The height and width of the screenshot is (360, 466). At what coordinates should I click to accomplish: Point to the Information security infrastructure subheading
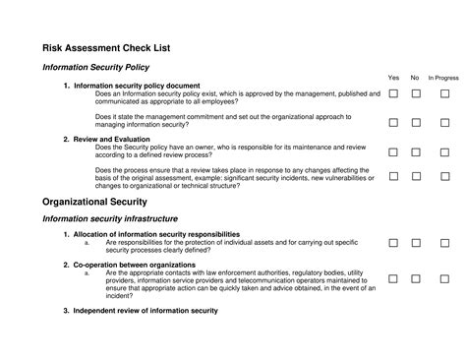click(x=110, y=217)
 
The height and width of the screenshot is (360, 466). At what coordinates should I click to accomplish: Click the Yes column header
click(x=393, y=77)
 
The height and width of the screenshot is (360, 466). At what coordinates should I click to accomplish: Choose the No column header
click(x=415, y=77)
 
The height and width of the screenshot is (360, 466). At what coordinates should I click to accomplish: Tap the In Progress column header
click(x=443, y=77)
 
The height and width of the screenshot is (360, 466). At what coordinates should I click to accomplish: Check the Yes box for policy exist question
click(x=393, y=93)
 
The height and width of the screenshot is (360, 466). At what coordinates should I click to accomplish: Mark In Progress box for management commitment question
click(x=444, y=123)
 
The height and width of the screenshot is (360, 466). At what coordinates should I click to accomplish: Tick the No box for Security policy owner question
click(x=416, y=152)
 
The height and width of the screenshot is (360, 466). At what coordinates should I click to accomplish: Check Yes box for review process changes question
click(x=393, y=177)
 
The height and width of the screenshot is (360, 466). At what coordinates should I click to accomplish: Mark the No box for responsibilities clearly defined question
click(x=416, y=242)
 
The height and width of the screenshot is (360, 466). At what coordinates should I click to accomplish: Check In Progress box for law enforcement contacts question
click(x=444, y=279)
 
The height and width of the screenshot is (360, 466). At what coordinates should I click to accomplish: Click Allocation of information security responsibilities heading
click(x=156, y=234)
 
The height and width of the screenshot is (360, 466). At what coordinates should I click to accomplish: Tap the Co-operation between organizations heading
click(x=134, y=265)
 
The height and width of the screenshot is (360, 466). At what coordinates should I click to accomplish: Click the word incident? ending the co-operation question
click(x=120, y=295)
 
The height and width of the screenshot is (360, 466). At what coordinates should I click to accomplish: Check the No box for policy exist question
click(x=416, y=93)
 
